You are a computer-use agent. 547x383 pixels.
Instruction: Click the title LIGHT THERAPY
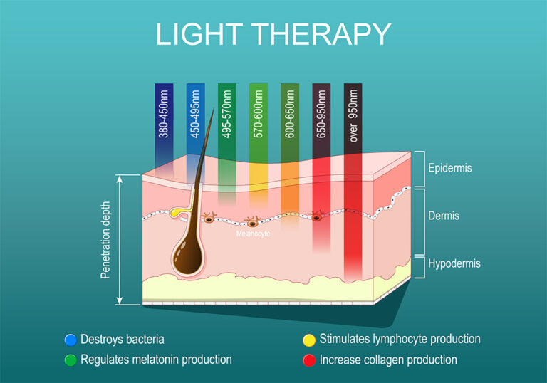(273, 35)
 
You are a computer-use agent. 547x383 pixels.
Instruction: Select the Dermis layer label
(444, 216)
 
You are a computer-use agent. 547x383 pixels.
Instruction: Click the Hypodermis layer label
(454, 263)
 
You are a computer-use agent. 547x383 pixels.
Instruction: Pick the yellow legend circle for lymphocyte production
(308, 340)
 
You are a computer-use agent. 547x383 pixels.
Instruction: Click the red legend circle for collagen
(308, 360)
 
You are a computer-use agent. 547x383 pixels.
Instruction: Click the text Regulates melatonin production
(156, 360)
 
